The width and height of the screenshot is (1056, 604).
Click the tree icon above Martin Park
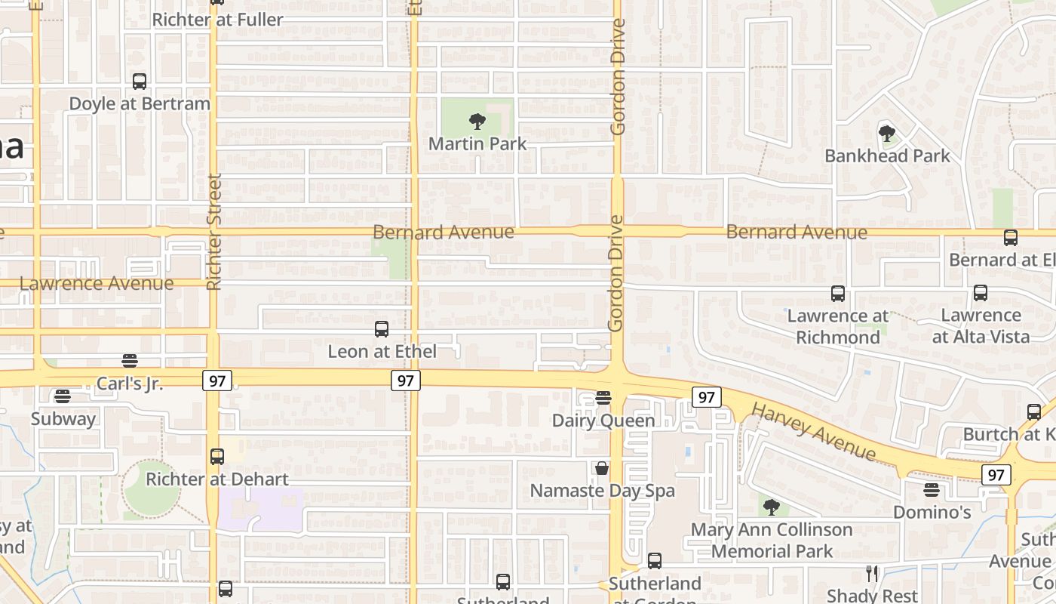click(x=477, y=121)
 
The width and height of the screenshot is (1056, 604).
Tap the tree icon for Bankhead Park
click(x=887, y=134)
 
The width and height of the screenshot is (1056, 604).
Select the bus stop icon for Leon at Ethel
click(x=382, y=329)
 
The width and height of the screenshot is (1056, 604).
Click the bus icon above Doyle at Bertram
click(x=140, y=82)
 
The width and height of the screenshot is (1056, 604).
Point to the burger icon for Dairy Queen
click(x=603, y=397)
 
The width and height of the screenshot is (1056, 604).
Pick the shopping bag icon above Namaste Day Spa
click(x=602, y=468)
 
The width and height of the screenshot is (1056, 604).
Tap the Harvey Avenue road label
click(x=814, y=432)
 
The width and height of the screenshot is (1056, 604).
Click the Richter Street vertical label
click(x=214, y=232)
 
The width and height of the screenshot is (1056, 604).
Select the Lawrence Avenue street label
click(x=97, y=284)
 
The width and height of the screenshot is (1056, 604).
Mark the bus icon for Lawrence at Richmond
click(x=837, y=294)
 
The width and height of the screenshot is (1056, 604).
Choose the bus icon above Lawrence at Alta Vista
click(x=981, y=293)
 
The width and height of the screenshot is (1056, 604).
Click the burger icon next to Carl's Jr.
click(x=130, y=361)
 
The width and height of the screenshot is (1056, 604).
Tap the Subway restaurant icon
click(x=63, y=396)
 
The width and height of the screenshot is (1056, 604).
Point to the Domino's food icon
click(x=932, y=490)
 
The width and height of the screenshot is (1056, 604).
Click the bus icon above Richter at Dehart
click(x=217, y=457)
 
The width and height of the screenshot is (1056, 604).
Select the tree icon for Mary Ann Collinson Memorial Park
click(x=771, y=507)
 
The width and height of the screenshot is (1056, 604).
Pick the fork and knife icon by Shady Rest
click(x=872, y=574)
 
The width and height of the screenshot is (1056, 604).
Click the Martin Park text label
click(x=477, y=143)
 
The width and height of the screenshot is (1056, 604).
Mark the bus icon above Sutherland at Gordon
click(x=655, y=561)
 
